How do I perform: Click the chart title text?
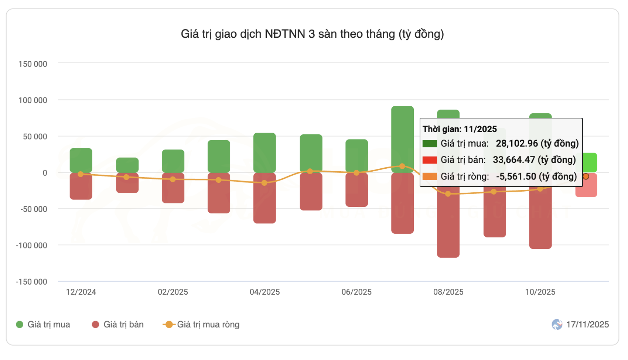pyautogui.click(x=312, y=34)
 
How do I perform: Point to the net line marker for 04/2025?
pyautogui.click(x=264, y=183)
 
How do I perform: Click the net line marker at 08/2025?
pyautogui.click(x=448, y=194)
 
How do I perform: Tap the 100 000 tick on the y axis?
pyautogui.click(x=33, y=100)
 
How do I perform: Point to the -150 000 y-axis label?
pyautogui.click(x=31, y=282)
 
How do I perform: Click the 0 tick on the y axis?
pyautogui.click(x=45, y=173)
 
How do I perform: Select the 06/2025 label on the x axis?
pyautogui.click(x=356, y=292)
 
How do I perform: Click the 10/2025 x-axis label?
pyautogui.click(x=540, y=292)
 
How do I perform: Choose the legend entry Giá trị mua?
pyautogui.click(x=43, y=325)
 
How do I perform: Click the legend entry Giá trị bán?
pyautogui.click(x=118, y=325)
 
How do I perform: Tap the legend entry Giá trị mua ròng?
pyautogui.click(x=202, y=325)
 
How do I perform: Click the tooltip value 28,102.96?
pyautogui.click(x=516, y=143)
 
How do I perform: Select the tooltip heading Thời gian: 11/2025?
pyautogui.click(x=460, y=129)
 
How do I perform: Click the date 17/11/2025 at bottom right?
pyautogui.click(x=587, y=325)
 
